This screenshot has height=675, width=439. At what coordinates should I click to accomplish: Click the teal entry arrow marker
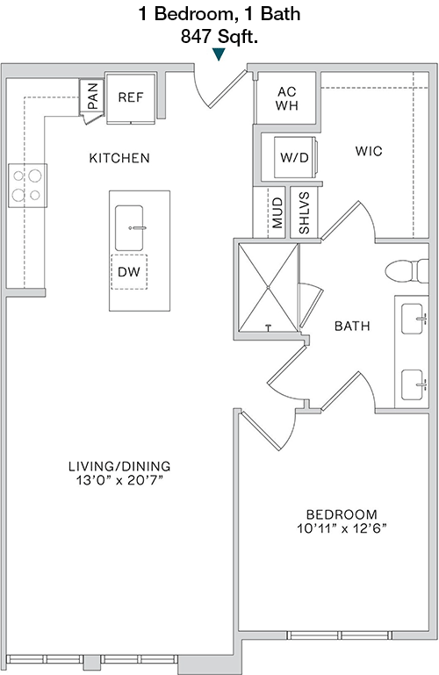coord(219,54)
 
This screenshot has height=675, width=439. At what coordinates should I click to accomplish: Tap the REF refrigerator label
coord(131,97)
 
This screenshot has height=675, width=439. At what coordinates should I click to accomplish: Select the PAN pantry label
coord(92,96)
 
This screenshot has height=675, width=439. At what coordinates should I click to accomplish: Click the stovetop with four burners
coord(27,185)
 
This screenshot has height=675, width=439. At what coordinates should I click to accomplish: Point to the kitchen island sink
coord(129,227)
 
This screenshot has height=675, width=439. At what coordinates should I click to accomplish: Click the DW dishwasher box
coord(129,272)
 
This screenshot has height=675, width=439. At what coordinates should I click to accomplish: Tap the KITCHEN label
coord(119,158)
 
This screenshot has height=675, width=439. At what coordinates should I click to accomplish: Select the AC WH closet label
coord(287,98)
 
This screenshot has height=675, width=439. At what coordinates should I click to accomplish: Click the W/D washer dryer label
coord(294,157)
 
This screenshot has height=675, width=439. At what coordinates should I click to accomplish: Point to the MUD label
coord(278,212)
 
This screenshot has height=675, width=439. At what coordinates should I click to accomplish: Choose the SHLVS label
coord(304,212)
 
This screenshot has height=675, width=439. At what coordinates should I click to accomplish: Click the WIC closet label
coord(369,151)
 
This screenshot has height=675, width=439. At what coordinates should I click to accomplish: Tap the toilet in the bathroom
coord(407,271)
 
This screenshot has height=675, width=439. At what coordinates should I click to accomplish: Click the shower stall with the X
coord(268,287)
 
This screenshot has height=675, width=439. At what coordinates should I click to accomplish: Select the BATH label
coord(352,326)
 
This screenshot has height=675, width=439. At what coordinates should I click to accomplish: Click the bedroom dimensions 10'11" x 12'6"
coord(342,528)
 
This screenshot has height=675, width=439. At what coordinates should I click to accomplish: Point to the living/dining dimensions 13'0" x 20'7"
coord(119,480)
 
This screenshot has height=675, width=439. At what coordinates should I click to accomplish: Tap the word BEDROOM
coord(342,514)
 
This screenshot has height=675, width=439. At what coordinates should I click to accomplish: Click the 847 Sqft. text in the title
coord(219,37)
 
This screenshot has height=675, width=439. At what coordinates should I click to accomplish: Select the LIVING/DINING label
coord(119,466)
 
